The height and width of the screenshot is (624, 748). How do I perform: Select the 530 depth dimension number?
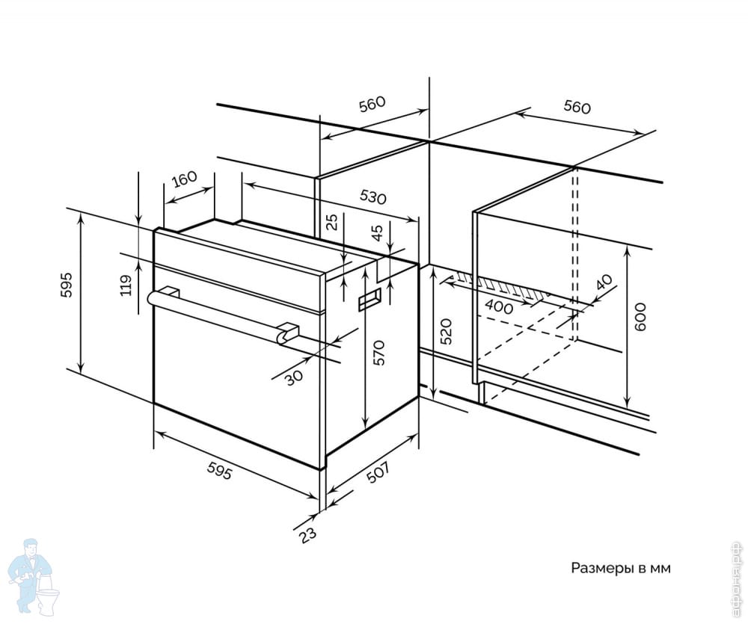point(373,197)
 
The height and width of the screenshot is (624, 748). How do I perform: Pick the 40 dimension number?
point(604,283)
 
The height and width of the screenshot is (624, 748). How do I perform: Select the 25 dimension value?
point(333,223)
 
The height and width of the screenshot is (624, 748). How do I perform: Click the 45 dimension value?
point(378,232)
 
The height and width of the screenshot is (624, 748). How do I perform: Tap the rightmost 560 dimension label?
point(577,107)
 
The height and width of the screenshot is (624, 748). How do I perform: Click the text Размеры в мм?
point(621,568)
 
